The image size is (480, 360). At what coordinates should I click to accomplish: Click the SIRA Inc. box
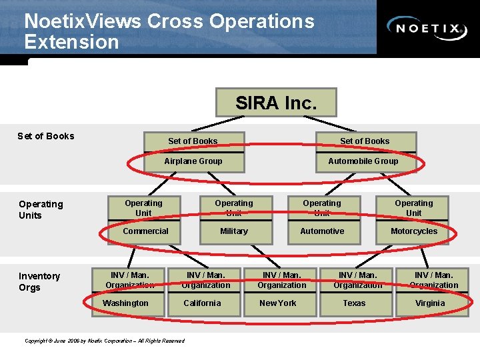click(x=276, y=103)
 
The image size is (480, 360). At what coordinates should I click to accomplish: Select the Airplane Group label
click(x=193, y=161)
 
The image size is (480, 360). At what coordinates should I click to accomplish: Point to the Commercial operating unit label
click(x=145, y=231)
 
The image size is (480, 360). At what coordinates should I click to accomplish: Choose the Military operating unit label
click(x=233, y=231)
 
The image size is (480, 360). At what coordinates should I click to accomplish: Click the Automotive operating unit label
click(x=322, y=231)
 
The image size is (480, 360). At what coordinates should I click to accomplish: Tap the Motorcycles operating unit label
click(x=414, y=231)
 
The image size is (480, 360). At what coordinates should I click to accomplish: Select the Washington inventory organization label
click(x=125, y=303)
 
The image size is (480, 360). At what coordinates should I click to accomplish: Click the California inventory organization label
click(x=202, y=303)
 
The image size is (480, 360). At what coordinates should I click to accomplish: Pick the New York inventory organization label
click(x=278, y=303)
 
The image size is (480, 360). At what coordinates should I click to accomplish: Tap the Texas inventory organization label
click(x=354, y=303)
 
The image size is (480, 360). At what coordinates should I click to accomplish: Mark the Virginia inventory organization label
click(x=430, y=303)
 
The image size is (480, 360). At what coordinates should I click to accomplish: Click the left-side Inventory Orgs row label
click(x=39, y=282)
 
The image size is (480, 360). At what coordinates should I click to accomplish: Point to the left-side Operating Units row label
click(x=41, y=209)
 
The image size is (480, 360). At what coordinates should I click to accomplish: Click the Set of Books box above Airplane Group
click(x=193, y=141)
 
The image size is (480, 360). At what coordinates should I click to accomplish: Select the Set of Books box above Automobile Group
click(x=365, y=141)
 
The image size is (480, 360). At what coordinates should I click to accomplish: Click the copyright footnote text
click(x=105, y=341)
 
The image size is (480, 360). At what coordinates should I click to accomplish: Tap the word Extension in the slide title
click(x=71, y=42)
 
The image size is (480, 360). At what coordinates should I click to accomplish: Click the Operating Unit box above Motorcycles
click(x=414, y=208)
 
